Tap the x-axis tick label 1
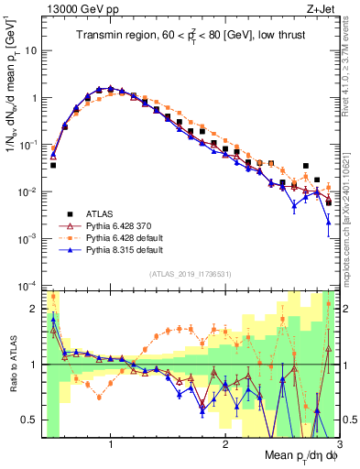(x=111, y=446)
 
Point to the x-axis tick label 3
(x=337, y=446)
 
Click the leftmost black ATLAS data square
(x=53, y=166)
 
